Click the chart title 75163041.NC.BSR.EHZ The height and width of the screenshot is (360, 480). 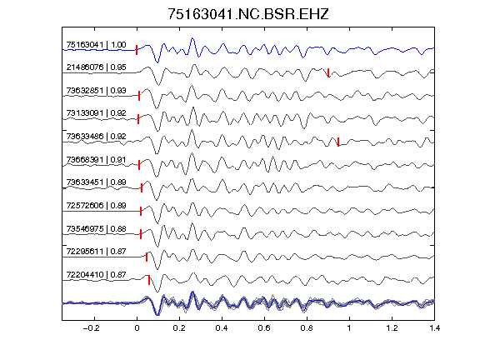click(x=248, y=14)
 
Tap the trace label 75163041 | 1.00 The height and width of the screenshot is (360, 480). click(x=96, y=45)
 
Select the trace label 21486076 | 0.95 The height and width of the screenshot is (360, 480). click(x=96, y=67)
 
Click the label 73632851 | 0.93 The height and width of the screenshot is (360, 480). click(x=96, y=91)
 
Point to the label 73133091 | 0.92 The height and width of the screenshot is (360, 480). click(x=96, y=113)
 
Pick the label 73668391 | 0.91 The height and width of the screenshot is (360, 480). click(x=96, y=160)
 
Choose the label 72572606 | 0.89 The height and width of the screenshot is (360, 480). click(x=96, y=205)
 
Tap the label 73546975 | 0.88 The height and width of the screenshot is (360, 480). click(x=96, y=229)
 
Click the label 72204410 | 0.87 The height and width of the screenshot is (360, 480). click(x=96, y=275)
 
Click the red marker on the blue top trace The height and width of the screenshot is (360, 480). click(x=137, y=50)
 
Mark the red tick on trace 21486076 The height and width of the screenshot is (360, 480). click(x=328, y=72)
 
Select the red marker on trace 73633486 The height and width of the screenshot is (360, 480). click(x=338, y=142)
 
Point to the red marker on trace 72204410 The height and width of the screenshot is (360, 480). click(x=149, y=280)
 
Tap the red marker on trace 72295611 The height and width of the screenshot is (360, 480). click(x=147, y=257)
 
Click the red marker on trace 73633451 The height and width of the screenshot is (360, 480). click(x=142, y=188)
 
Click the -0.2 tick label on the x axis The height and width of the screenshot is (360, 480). click(x=92, y=328)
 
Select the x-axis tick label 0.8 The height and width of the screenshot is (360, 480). click(x=307, y=328)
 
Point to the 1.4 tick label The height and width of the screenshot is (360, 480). click(x=435, y=328)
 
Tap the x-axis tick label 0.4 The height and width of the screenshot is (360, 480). click(x=222, y=328)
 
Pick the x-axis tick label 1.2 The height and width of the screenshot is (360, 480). click(x=392, y=328)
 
